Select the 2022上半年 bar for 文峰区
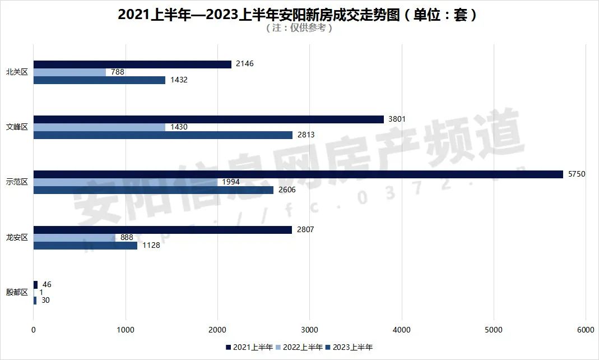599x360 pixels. (99, 127)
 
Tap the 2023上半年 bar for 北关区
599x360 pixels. (99, 80)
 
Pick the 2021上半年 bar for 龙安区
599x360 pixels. (162, 230)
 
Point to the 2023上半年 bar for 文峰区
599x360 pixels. (163, 135)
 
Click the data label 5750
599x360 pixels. (577, 174)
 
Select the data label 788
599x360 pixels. (118, 72)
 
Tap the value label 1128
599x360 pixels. (151, 246)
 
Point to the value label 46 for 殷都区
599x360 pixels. (47, 285)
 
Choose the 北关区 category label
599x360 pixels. (17, 72)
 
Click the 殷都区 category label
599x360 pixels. (17, 292)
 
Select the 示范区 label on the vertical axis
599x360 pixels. (17, 182)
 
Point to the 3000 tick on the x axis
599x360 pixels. (309, 330)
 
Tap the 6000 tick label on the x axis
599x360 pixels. (586, 330)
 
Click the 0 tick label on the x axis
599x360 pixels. (34, 330)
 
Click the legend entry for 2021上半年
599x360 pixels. (249, 347)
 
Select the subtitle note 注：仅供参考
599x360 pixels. (299, 29)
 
